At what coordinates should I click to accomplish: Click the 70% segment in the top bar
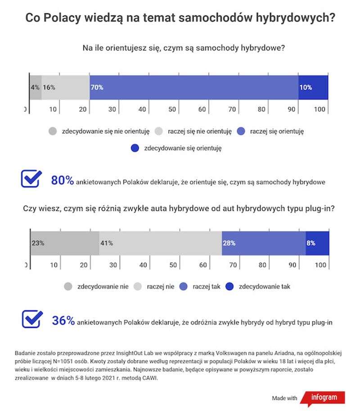(x=193, y=87)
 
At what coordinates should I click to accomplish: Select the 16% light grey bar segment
(x=65, y=87)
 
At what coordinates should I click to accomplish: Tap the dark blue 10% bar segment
(x=313, y=87)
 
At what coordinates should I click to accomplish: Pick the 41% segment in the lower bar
(x=160, y=243)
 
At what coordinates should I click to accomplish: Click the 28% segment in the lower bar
(x=263, y=243)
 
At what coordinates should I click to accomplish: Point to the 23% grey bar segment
(x=64, y=243)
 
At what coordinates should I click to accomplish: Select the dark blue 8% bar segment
(x=317, y=243)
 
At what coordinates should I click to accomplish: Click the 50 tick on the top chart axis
(x=172, y=109)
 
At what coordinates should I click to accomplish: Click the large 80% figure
(x=62, y=181)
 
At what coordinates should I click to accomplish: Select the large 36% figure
(x=63, y=321)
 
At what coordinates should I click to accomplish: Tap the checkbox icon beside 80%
(x=31, y=179)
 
